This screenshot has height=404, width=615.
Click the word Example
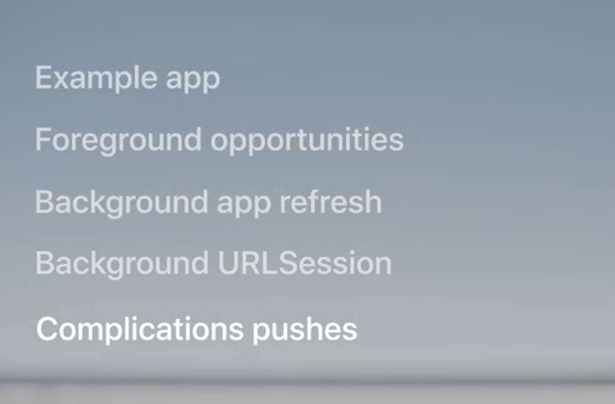(96, 78)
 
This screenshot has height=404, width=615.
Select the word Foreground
(118, 140)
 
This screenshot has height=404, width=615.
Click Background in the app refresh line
(121, 203)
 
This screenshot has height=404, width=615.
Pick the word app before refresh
(243, 205)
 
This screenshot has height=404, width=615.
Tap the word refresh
(330, 201)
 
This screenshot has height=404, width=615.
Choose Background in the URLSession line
(122, 264)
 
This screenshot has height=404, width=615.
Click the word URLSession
(305, 263)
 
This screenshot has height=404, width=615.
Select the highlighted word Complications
(140, 330)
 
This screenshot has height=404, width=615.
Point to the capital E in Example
(44, 78)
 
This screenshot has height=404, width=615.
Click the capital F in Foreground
(43, 139)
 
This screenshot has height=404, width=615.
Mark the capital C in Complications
(47, 329)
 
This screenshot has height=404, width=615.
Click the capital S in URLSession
(288, 263)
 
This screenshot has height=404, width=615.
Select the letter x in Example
(63, 80)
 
